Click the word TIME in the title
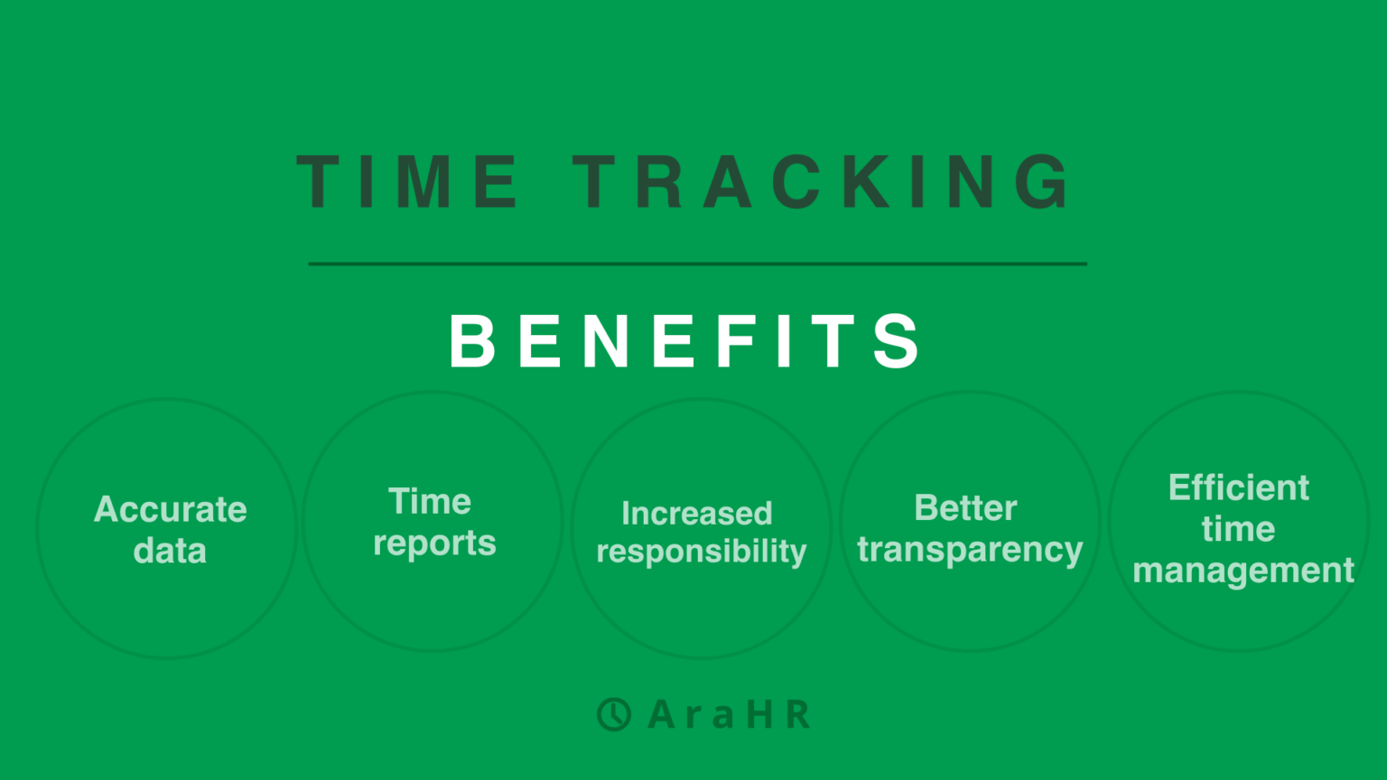coord(408,181)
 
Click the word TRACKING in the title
coord(823,181)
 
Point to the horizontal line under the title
coord(697,264)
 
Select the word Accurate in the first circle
coord(171,510)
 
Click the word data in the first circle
coord(170,551)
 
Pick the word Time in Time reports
coord(430,502)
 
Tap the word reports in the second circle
coord(434,543)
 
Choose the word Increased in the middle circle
coord(696,514)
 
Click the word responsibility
coord(701,552)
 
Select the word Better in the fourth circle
coord(965,508)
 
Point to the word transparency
coord(970,550)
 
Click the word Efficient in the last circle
coord(1238,487)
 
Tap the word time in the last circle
coord(1238,529)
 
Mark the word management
coord(1243,571)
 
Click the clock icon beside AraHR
coord(614,714)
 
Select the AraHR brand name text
coord(730,715)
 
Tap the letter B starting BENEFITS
coord(472,341)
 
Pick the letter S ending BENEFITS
coord(898,341)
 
